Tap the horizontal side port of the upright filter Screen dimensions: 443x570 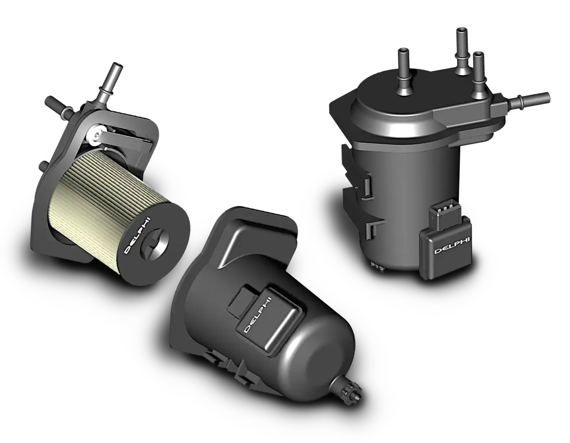(x=529, y=100)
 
